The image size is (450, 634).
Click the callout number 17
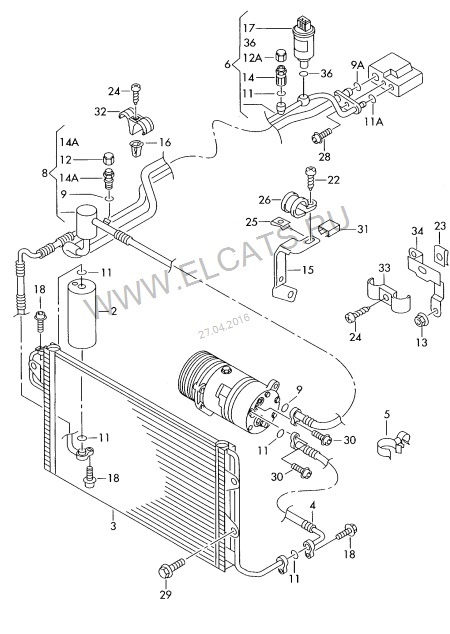[x=249, y=28]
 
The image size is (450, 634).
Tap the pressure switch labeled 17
[x=303, y=41]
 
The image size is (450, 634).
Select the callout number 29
[x=166, y=594]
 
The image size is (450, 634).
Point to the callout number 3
[x=114, y=526]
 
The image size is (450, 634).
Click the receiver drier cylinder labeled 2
[x=82, y=314]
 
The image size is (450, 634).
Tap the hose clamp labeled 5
[x=393, y=443]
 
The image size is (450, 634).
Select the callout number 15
[x=308, y=269]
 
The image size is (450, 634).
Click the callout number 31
[x=362, y=229]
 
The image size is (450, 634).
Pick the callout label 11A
[x=373, y=121]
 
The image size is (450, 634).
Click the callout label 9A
[x=357, y=65]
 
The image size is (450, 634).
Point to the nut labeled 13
[x=420, y=321]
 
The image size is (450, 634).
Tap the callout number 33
[x=384, y=268]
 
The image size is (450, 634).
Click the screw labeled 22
[x=311, y=178]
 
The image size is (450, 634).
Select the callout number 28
[x=325, y=156]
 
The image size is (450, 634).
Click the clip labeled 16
[x=135, y=147]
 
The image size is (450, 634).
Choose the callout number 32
[x=101, y=111]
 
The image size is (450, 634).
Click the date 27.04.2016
[x=224, y=326]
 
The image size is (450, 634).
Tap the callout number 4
[x=313, y=505]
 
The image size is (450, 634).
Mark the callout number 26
[x=265, y=200]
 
